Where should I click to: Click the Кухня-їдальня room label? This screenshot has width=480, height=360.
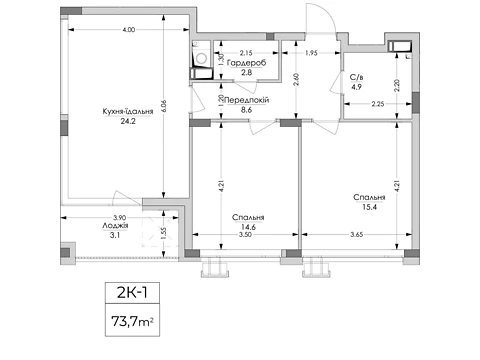(x=128, y=111)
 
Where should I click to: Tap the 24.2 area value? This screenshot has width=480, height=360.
(x=128, y=121)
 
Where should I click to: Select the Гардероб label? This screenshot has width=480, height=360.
(x=246, y=63)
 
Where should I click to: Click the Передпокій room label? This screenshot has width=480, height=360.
(x=247, y=100)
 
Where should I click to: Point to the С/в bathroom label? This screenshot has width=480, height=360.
(x=356, y=77)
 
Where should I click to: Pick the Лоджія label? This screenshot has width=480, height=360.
(x=115, y=226)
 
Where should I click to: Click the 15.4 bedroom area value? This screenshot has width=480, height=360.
(x=369, y=207)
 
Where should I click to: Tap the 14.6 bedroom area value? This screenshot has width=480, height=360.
(x=248, y=227)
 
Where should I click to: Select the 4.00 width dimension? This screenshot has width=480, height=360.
(x=129, y=30)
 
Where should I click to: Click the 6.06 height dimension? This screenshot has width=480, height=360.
(x=163, y=106)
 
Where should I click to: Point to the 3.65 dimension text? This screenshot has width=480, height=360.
(x=357, y=235)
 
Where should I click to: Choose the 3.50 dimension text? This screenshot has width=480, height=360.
(x=245, y=235)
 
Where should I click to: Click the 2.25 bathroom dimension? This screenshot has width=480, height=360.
(x=378, y=104)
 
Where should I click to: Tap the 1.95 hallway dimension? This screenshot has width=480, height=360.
(x=311, y=53)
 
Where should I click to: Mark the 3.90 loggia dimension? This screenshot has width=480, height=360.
(x=119, y=218)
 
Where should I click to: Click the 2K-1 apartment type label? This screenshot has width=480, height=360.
(x=132, y=293)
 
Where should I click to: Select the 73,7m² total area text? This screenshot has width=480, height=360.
(x=132, y=322)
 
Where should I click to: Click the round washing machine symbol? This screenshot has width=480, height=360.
(x=201, y=59)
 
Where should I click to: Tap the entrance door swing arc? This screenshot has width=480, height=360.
(x=326, y=13)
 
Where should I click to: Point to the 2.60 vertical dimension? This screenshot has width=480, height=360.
(x=296, y=79)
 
